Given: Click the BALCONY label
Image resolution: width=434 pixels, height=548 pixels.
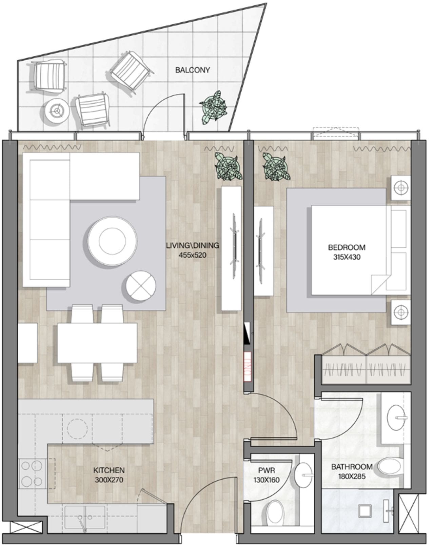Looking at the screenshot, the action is pyautogui.click(x=192, y=70).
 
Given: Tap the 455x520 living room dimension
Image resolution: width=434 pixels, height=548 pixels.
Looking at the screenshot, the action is pyautogui.click(x=192, y=255).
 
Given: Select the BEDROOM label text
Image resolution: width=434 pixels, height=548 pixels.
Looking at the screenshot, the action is pyautogui.click(x=347, y=247).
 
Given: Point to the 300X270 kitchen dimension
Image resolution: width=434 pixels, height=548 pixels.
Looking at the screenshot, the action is pyautogui.click(x=109, y=480).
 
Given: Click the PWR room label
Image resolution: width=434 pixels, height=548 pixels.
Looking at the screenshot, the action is pyautogui.click(x=267, y=470).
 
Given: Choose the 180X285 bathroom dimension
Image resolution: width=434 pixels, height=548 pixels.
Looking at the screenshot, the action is pyautogui.click(x=352, y=476).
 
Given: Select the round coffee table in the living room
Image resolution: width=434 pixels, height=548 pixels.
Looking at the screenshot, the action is pyautogui.click(x=112, y=241).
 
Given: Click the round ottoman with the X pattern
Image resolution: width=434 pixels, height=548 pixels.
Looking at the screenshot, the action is pyautogui.click(x=141, y=285).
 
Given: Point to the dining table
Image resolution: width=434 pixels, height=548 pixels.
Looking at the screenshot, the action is pyautogui.click(x=97, y=343).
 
